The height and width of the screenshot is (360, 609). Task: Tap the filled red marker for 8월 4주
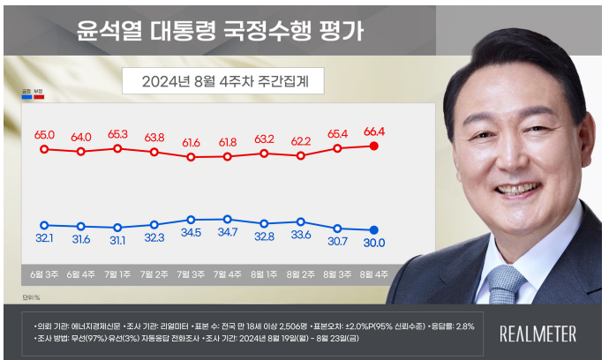[374, 146]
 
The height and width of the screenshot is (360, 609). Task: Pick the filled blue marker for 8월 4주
[374, 229]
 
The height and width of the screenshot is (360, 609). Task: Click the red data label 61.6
[191, 141]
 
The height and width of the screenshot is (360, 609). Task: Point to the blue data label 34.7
[228, 234]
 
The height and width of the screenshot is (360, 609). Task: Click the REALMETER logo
[538, 334]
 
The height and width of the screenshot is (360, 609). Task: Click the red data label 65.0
[44, 135]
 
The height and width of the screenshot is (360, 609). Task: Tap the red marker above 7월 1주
[117, 148]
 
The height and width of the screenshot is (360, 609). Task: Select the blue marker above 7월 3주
[191, 220]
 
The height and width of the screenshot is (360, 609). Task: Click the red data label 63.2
[264, 139]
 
